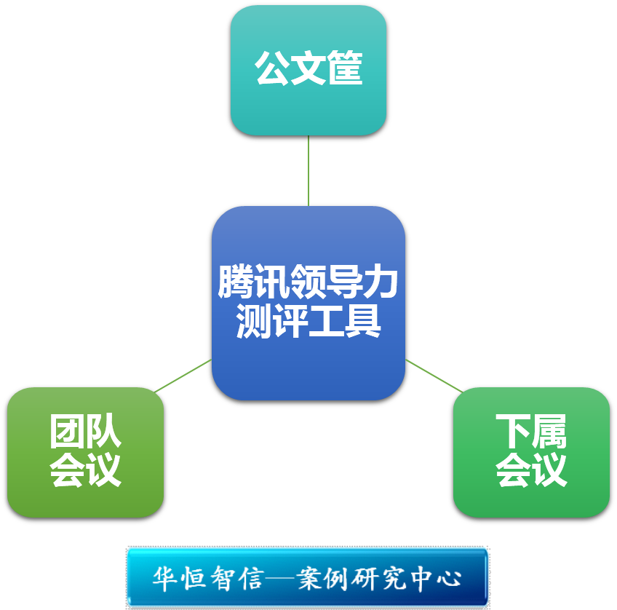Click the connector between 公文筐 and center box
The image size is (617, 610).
(308, 170)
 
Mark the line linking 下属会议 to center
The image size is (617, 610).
(434, 376)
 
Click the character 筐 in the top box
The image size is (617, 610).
(345, 70)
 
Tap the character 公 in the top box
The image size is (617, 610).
(273, 70)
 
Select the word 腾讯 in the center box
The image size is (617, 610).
(254, 282)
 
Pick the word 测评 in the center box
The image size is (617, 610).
(272, 321)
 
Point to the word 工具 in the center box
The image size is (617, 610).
(345, 321)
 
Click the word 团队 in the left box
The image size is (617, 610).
(85, 432)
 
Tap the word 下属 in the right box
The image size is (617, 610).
(531, 432)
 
